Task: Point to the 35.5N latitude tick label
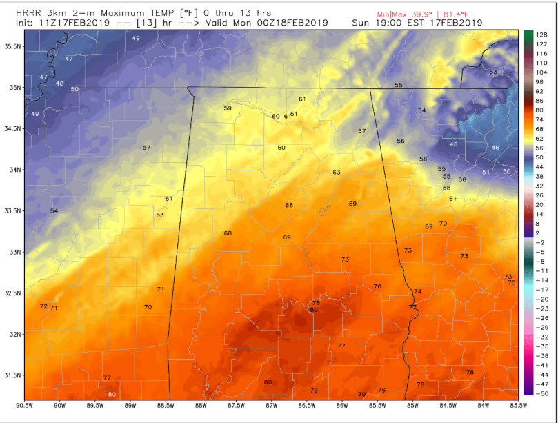click(x=12, y=46)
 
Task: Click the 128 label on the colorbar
click(x=542, y=34)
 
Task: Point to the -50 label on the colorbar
click(x=542, y=392)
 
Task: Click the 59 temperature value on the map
click(x=228, y=108)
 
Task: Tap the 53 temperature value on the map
click(x=492, y=72)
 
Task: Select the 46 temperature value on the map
click(x=495, y=148)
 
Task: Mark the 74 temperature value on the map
click(x=417, y=292)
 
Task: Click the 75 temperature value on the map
click(x=511, y=282)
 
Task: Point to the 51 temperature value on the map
click(x=486, y=172)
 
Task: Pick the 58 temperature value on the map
click(x=446, y=188)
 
